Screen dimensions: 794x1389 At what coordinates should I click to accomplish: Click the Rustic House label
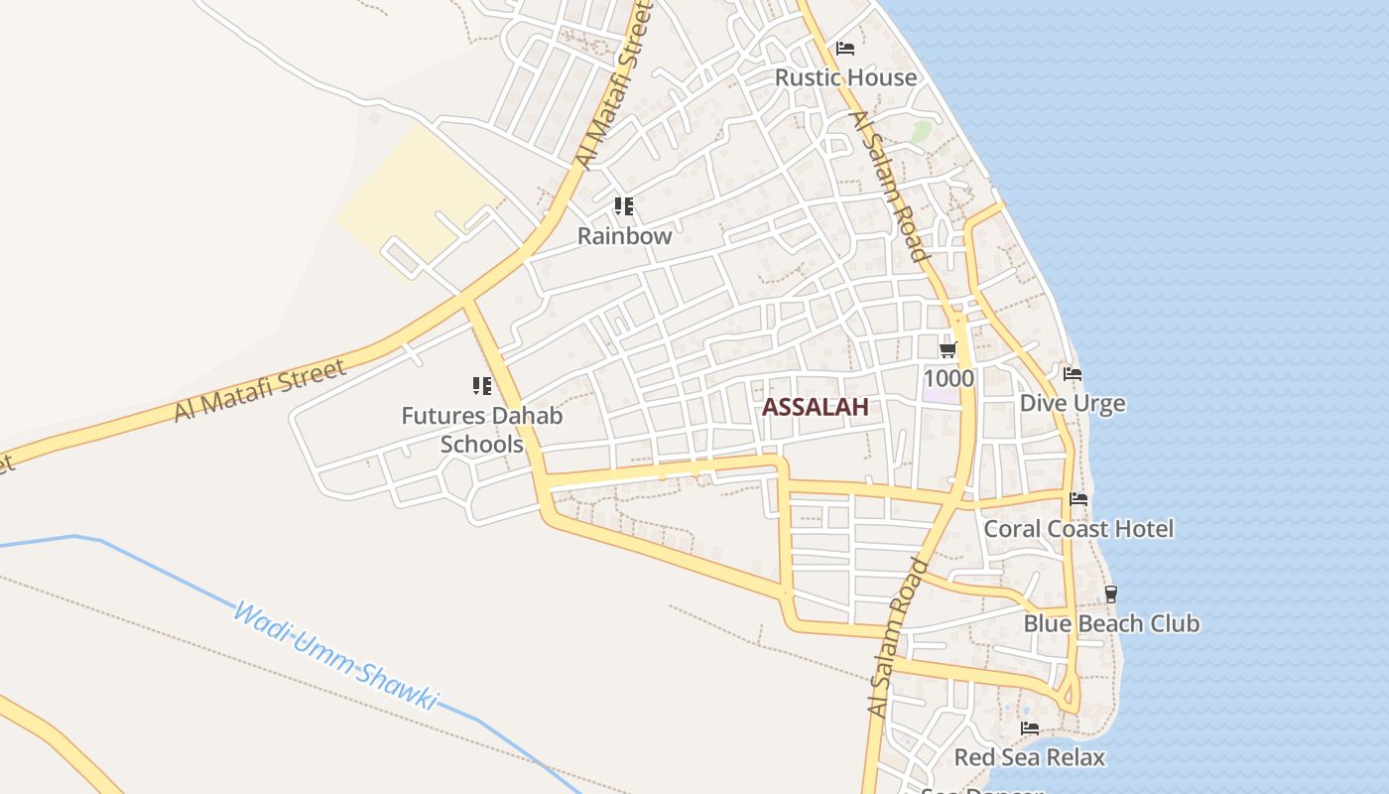[x=845, y=77]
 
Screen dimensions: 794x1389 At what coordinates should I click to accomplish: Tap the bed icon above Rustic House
[x=845, y=48]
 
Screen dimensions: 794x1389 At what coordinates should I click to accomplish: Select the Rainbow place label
[x=624, y=236]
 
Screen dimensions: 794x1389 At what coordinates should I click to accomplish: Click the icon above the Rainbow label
[x=623, y=206]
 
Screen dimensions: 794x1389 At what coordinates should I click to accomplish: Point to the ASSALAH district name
[x=815, y=406]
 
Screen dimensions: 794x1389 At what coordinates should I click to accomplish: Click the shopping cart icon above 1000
[x=947, y=349]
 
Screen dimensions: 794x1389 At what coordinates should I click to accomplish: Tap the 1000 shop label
[x=948, y=378]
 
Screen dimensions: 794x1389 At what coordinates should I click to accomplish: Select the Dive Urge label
[x=1073, y=403]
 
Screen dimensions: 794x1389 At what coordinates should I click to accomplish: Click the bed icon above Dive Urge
[x=1073, y=374]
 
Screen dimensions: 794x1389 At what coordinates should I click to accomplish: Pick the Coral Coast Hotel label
[x=1077, y=529]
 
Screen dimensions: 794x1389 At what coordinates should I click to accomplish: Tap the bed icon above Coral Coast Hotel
[x=1078, y=499]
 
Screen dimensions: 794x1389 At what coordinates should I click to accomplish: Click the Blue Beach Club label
[x=1111, y=623]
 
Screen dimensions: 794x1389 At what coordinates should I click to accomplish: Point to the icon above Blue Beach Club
[x=1111, y=595]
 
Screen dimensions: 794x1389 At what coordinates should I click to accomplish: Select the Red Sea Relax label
[x=1029, y=757]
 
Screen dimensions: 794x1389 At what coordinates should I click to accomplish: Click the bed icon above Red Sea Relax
[x=1030, y=728]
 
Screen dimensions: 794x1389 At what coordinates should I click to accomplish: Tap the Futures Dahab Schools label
[x=482, y=429]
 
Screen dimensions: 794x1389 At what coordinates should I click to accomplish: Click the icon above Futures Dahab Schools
[x=482, y=386]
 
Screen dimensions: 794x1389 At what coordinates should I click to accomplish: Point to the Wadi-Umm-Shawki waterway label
[x=334, y=656]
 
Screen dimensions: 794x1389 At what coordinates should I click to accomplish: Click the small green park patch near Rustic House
[x=922, y=130]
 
